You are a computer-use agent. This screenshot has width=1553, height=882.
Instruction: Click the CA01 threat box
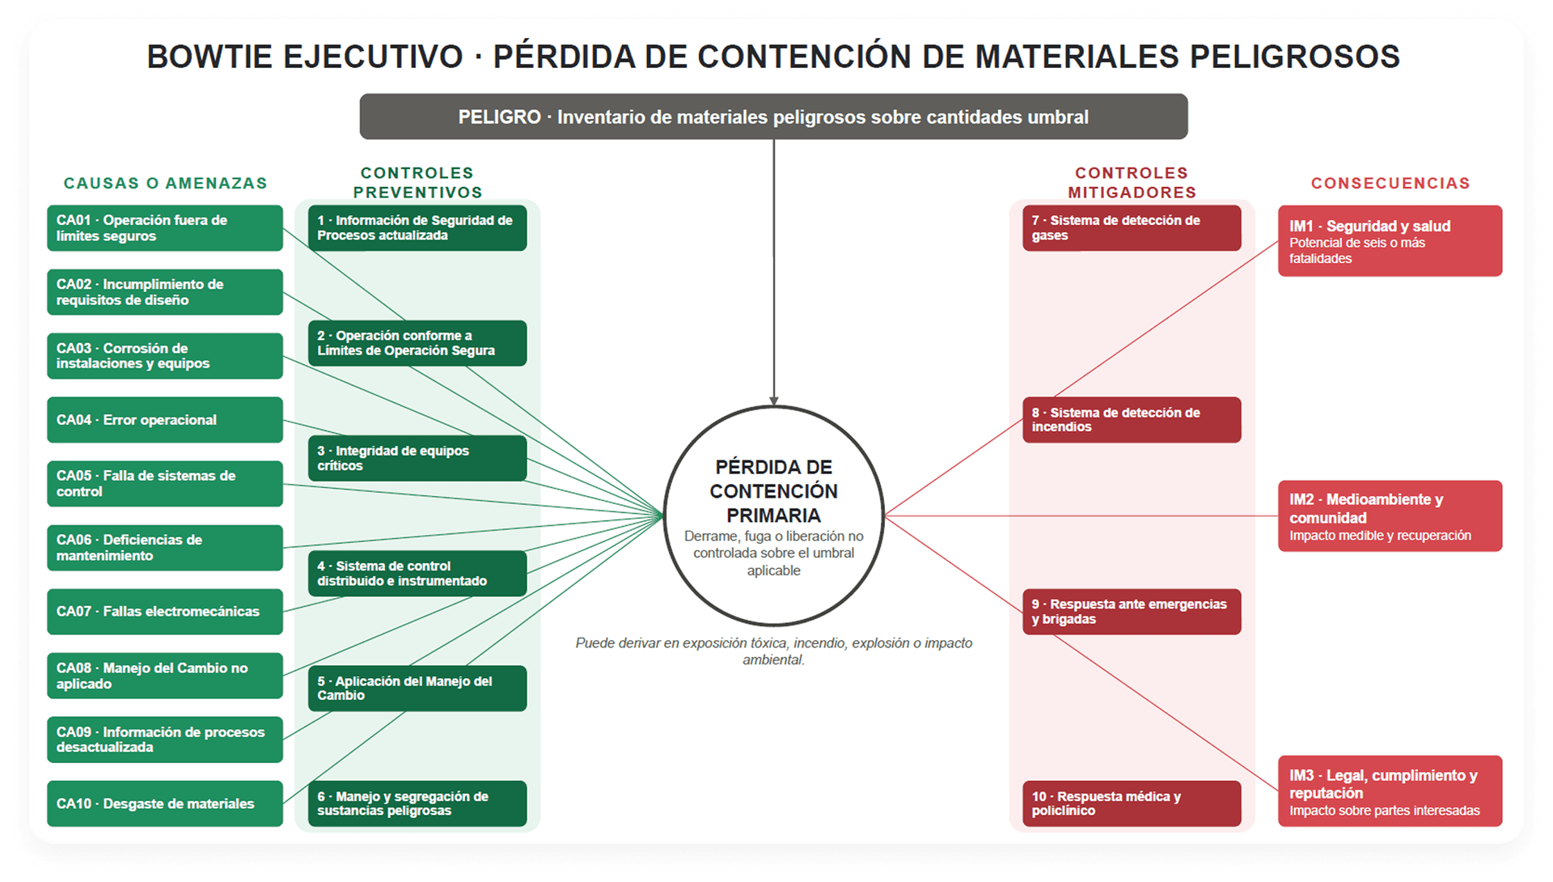tap(165, 228)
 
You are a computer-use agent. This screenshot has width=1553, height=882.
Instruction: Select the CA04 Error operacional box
tap(165, 420)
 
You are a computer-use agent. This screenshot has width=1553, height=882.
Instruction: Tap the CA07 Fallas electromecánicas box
tap(165, 612)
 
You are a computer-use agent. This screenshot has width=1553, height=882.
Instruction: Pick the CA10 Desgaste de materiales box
tap(165, 804)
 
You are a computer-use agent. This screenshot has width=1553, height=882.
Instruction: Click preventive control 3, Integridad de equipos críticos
tap(417, 458)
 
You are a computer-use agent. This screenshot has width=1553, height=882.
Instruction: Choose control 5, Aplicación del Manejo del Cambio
tap(417, 689)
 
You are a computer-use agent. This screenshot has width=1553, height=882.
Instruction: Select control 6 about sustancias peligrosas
tap(417, 804)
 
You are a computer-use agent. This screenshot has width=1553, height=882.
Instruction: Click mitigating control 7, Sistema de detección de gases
tap(1132, 228)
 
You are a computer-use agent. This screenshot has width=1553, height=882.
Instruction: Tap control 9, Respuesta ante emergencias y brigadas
tap(1132, 612)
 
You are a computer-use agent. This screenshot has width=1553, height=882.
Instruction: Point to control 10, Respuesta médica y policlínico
tap(1132, 804)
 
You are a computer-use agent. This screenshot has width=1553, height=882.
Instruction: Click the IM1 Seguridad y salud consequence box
tap(1390, 241)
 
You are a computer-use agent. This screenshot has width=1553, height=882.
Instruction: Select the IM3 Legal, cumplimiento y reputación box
tap(1390, 791)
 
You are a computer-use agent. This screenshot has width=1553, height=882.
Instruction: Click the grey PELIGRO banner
tap(773, 117)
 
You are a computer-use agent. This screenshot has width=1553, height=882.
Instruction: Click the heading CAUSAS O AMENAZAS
tap(166, 184)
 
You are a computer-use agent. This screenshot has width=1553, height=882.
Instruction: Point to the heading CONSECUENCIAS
tap(1390, 184)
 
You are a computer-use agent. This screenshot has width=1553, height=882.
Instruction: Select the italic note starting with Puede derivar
tap(773, 651)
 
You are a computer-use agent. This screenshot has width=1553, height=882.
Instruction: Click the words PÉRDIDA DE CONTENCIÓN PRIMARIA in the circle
tap(773, 491)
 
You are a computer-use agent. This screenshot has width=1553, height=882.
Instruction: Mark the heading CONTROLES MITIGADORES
tap(1132, 183)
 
